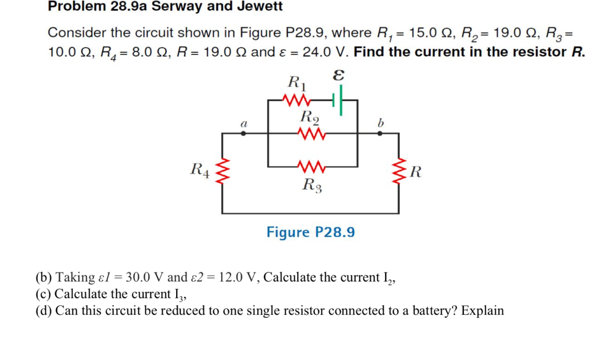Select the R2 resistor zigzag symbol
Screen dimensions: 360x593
pos(309,134)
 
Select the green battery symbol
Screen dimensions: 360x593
pos(338,101)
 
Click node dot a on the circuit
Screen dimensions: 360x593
pos(243,133)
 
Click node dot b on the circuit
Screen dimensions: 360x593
pos(380,133)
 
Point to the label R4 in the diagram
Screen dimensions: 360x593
pos(200,170)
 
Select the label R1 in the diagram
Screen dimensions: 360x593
pos(298,82)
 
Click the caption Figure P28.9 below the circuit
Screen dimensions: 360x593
pos(310,232)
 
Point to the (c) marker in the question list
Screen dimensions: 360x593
pos(43,294)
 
